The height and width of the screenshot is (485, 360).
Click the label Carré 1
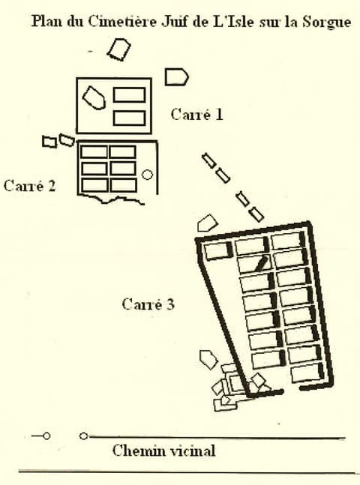196,115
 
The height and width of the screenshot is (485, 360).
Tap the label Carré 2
30,186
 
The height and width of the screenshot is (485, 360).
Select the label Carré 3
148,304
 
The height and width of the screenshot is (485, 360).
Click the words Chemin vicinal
163,451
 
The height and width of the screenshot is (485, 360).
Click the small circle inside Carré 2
147,175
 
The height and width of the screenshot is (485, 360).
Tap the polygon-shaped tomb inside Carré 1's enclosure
94,97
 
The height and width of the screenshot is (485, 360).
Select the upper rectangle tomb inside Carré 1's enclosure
129,95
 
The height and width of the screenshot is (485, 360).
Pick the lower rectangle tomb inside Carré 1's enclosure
129,118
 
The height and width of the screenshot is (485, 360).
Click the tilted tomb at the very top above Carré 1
118,49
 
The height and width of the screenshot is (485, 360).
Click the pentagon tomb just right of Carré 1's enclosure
176,77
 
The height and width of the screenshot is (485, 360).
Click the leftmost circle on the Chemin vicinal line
46,436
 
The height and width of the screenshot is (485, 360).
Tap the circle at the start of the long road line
83,436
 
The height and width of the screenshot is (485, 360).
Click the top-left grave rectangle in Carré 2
94,152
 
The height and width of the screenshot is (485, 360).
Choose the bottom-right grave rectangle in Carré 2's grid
124,185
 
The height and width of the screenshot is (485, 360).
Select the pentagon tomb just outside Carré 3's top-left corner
208,223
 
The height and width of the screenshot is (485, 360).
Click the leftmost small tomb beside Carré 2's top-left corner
49,142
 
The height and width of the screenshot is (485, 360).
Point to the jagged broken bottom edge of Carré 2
111,199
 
